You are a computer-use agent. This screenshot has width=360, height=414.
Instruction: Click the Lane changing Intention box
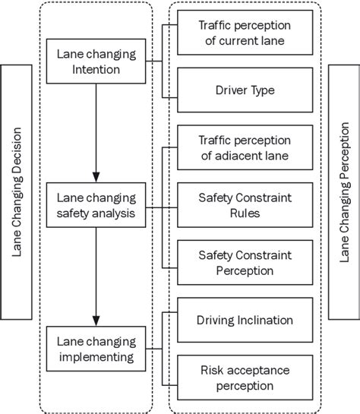tap(96, 62)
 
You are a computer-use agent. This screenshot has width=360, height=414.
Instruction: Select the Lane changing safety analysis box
tap(96, 205)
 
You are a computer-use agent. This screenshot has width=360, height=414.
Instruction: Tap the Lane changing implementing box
tap(96, 348)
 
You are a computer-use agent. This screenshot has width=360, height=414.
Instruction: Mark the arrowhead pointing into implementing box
tap(96, 318)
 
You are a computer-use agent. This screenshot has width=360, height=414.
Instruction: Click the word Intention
tap(96, 69)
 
